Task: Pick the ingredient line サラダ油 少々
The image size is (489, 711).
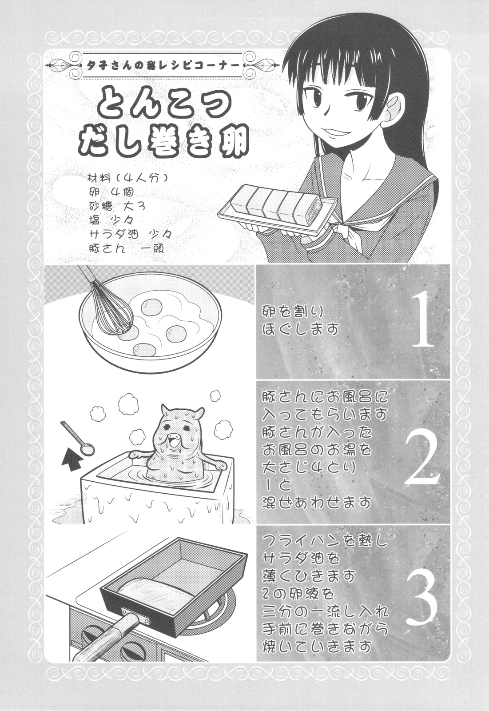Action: click(131, 233)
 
